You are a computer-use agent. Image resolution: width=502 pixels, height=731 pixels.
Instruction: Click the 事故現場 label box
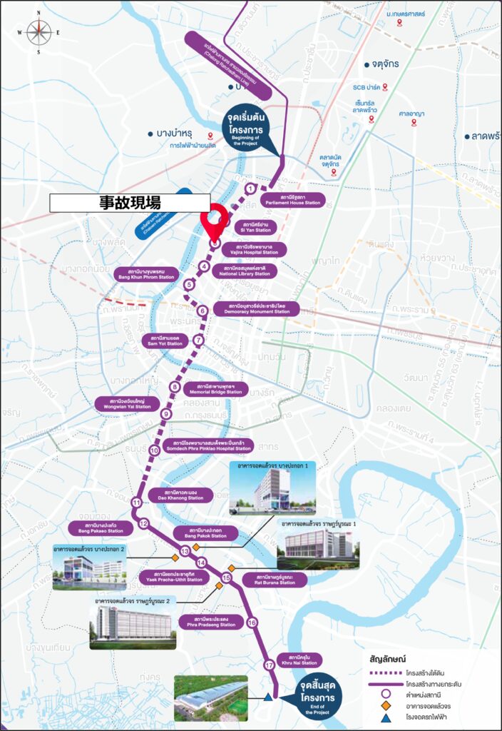tap(130, 202)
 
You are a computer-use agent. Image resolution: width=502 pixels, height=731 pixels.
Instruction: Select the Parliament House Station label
tap(293, 200)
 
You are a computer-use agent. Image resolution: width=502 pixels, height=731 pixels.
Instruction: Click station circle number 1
tap(250, 188)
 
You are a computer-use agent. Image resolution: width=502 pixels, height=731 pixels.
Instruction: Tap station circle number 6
tap(203, 311)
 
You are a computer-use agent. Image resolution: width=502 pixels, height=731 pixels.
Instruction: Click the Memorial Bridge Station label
tap(215, 389)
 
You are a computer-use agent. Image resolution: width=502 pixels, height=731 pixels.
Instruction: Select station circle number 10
tap(154, 450)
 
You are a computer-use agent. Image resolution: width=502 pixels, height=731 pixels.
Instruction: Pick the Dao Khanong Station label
tap(175, 495)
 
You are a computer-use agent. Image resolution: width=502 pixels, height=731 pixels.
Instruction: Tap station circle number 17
tap(268, 665)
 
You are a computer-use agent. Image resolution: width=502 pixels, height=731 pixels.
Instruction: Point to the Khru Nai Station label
tap(304, 659)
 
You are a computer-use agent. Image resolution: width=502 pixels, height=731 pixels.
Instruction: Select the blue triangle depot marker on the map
tap(268, 697)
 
